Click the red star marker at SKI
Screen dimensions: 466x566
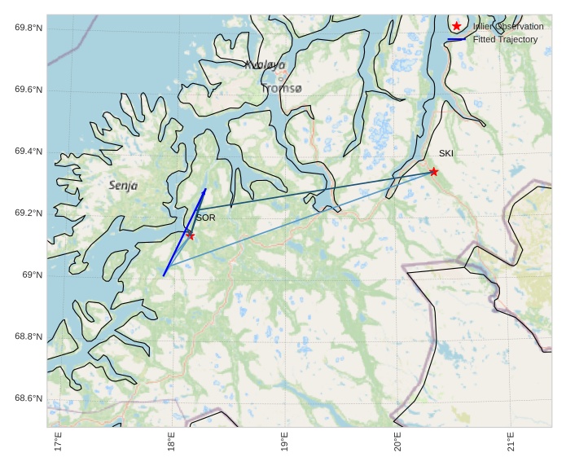(x=434, y=171)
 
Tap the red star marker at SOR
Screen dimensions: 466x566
(x=191, y=235)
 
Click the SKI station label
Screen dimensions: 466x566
(x=446, y=153)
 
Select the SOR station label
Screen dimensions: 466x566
(x=205, y=218)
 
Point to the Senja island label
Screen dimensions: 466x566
(x=123, y=186)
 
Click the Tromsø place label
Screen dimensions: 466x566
(x=281, y=87)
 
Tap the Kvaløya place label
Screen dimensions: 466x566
(x=265, y=64)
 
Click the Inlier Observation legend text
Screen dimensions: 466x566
(x=508, y=27)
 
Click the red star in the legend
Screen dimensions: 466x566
(x=456, y=26)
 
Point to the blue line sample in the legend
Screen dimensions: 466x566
(x=456, y=39)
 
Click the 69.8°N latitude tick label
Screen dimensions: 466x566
(x=29, y=28)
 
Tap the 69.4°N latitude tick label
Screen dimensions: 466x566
(x=29, y=152)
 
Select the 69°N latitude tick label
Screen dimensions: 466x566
(x=32, y=275)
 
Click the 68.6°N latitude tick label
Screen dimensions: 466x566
(x=29, y=398)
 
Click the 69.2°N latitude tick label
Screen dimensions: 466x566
(x=29, y=213)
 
